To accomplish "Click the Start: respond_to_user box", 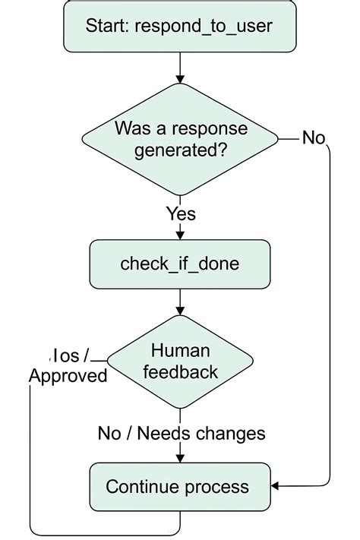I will [x=180, y=28].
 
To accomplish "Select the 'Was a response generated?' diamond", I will [x=180, y=139].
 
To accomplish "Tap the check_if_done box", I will [x=180, y=264].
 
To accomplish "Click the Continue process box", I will [x=180, y=486].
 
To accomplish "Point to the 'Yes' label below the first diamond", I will [x=180, y=214].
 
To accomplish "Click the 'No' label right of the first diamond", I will [x=314, y=137].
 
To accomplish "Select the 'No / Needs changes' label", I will [x=182, y=433].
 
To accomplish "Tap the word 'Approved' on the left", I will [x=68, y=376].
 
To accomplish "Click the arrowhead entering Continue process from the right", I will [x=276, y=485].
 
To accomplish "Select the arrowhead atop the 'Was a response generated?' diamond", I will [x=180, y=79].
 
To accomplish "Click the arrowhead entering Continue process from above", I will [x=180, y=458].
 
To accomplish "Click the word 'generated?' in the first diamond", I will [x=180, y=150].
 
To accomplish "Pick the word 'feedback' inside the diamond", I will [x=180, y=372].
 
